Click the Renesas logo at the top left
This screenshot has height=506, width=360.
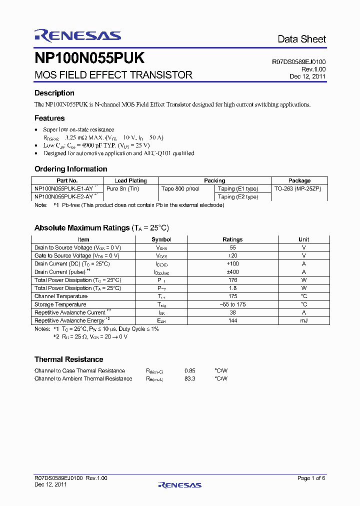(x=77, y=35)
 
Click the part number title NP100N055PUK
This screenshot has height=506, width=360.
(x=89, y=58)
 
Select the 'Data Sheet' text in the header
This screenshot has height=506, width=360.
(x=301, y=39)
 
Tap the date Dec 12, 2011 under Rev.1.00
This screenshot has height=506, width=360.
(x=307, y=76)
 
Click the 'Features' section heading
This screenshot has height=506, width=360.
(x=49, y=118)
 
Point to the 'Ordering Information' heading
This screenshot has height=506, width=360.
(x=70, y=169)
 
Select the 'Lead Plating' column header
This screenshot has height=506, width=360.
(x=130, y=180)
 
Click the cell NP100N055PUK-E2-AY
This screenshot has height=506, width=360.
(x=63, y=196)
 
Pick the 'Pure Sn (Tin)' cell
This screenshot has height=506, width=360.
(x=122, y=188)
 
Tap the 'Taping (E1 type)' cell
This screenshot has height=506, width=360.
(x=238, y=188)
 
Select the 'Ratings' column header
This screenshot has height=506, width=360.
(x=232, y=239)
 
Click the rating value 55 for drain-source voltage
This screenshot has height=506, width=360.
(x=232, y=247)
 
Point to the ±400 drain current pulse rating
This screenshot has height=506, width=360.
(x=232, y=272)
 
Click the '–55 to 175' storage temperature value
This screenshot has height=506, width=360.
(x=232, y=304)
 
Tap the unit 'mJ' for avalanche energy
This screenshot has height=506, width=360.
(x=303, y=320)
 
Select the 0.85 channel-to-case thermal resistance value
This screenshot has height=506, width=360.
(x=189, y=370)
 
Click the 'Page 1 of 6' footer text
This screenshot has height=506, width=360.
(x=311, y=478)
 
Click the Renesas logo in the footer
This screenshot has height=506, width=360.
(x=179, y=484)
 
